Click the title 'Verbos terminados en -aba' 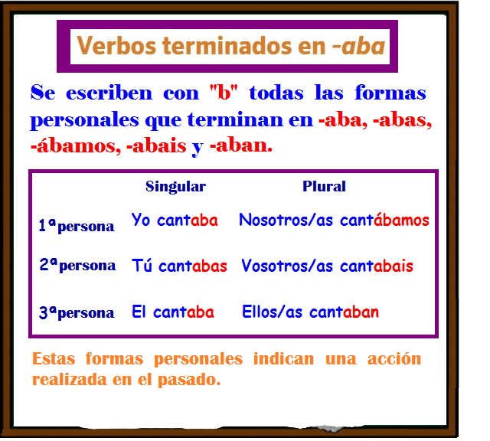230,47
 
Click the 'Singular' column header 175,186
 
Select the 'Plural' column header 324,186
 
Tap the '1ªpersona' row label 76,225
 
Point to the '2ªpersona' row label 77,266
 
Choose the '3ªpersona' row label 76,312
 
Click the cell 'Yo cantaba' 175,220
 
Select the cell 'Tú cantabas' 179,266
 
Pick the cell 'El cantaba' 172,312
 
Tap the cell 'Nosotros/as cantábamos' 334,220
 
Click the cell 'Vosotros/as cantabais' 327,266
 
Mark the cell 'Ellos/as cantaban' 310,312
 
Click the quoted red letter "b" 224,94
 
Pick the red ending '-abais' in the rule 157,145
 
